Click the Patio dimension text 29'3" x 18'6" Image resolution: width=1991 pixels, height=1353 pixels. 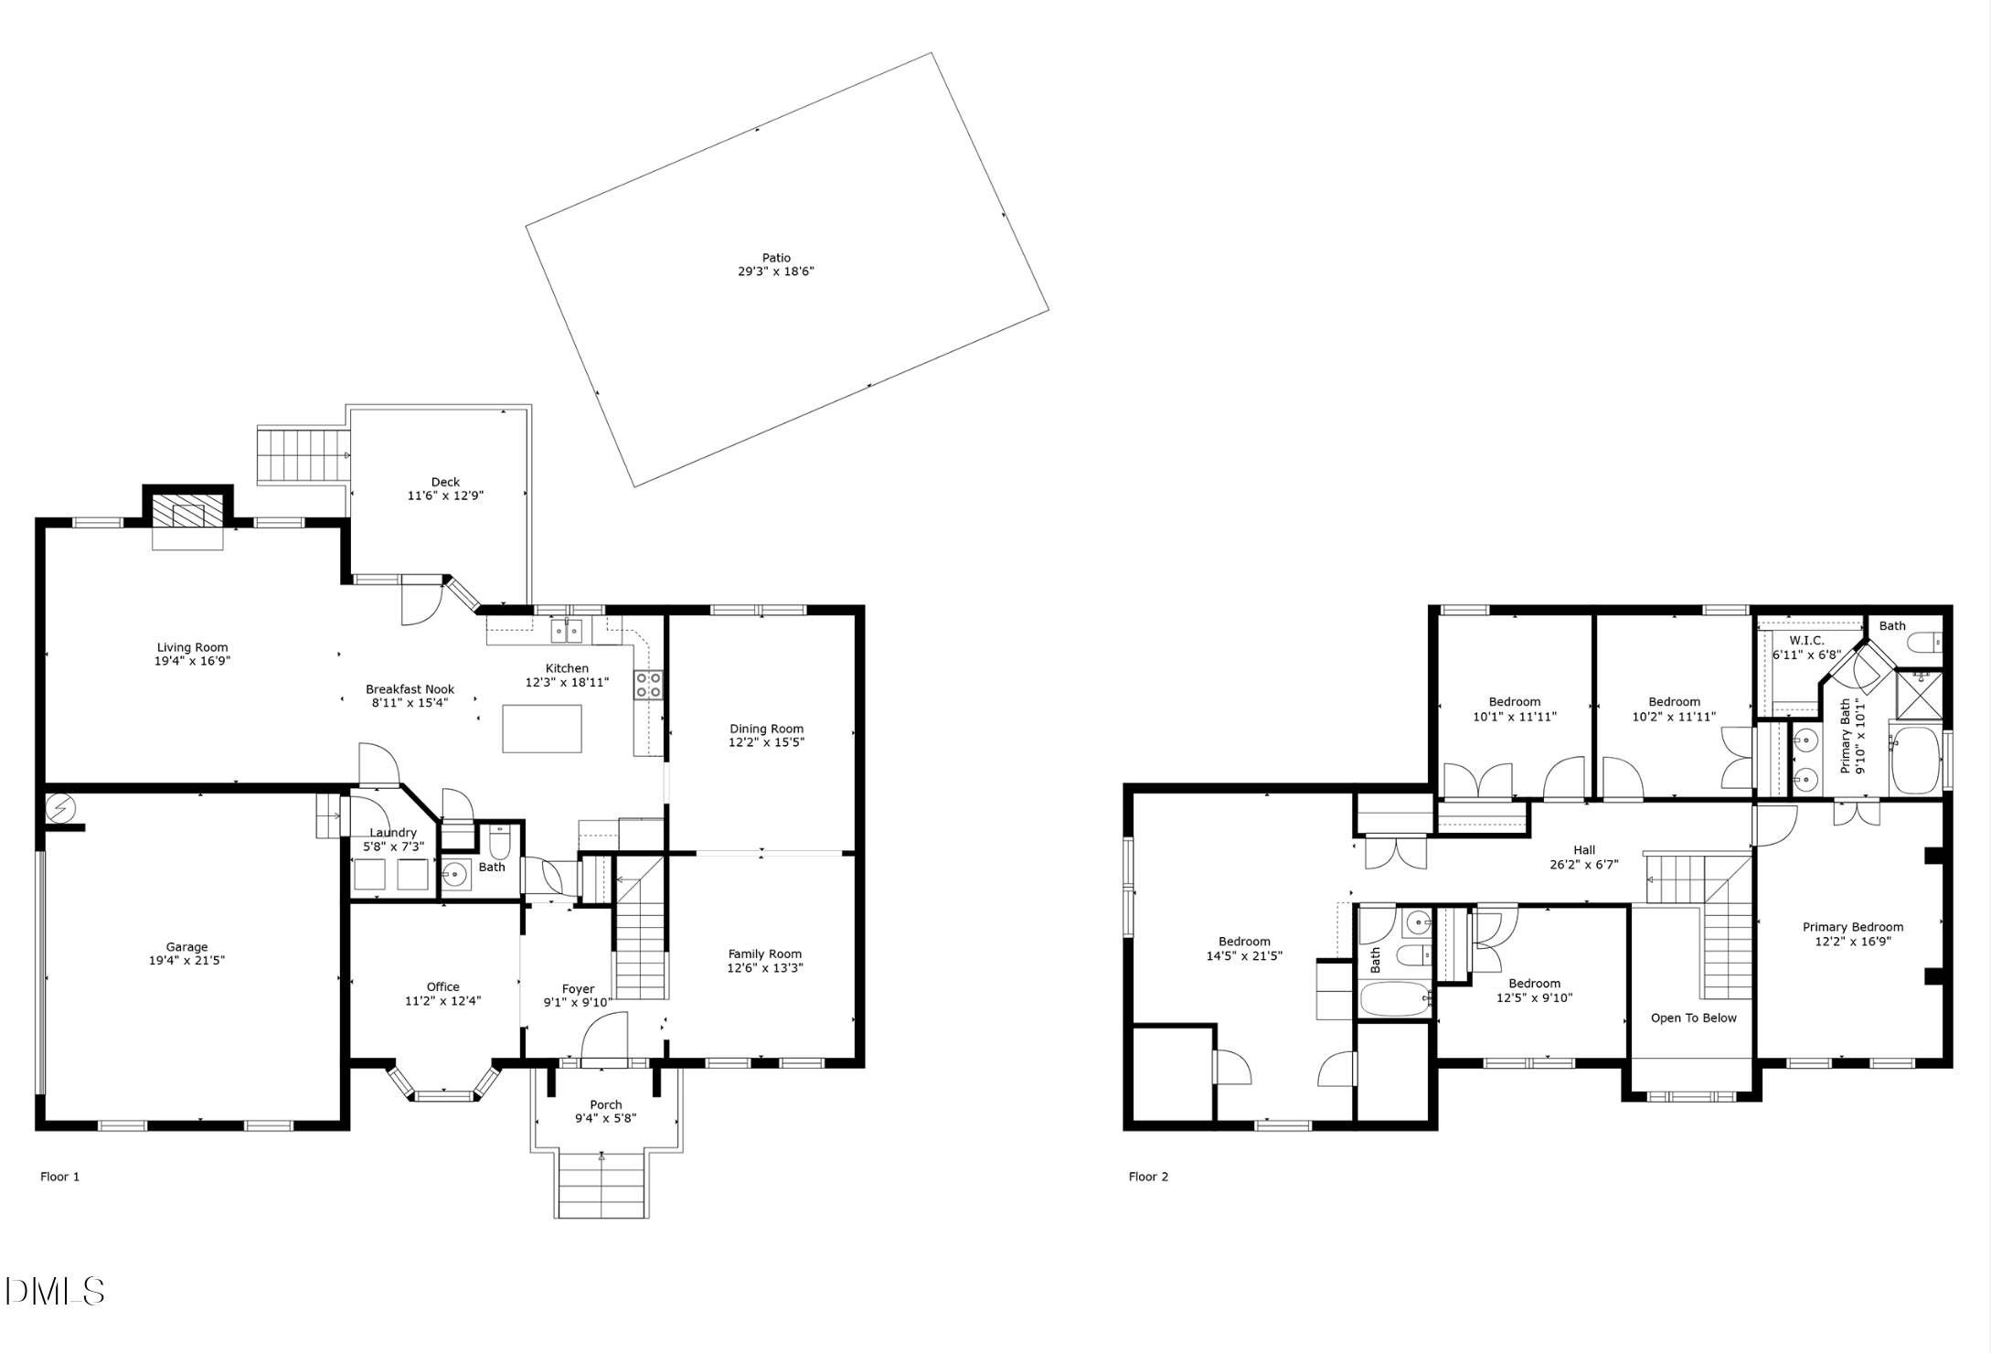tap(775, 272)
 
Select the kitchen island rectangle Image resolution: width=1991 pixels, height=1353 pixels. tap(541, 729)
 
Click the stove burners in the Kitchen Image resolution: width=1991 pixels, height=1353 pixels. tap(648, 685)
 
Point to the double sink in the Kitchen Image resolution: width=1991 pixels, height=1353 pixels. tap(566, 631)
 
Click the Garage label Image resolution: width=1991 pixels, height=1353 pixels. tap(186, 947)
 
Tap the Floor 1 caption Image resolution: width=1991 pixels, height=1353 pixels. tap(60, 1177)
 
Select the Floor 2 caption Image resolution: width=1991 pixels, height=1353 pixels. tap(1148, 1177)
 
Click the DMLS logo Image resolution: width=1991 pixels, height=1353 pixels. tap(55, 1291)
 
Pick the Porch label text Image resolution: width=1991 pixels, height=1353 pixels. tap(605, 1104)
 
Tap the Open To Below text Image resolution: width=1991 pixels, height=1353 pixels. tap(1693, 1017)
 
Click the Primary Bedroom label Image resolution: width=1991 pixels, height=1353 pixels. tap(1852, 927)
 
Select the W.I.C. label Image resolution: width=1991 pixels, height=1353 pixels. tap(1806, 640)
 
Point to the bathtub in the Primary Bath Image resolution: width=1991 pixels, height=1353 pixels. tap(1915, 760)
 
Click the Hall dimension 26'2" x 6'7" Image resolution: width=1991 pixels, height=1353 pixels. tap(1584, 864)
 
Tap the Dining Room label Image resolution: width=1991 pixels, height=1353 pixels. tap(766, 729)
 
